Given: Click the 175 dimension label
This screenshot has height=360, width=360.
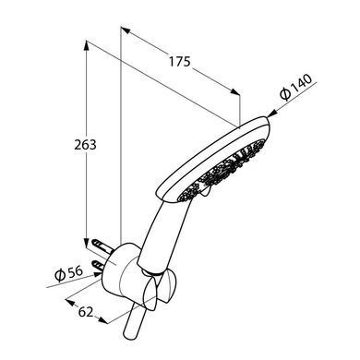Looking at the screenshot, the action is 180,62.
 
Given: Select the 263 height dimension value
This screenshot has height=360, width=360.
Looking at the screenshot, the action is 85,145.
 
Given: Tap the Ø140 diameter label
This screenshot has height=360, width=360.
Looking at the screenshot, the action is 296,88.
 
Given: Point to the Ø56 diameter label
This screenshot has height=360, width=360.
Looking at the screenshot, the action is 68,273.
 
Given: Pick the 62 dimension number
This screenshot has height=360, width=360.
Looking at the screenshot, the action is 86,312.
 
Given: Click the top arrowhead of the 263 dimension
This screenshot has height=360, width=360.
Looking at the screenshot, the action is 87,45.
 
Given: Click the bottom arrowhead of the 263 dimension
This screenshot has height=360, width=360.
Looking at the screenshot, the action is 87,243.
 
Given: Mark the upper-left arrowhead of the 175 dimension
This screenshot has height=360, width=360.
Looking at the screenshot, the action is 125,30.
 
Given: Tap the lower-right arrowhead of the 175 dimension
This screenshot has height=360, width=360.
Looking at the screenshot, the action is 235,91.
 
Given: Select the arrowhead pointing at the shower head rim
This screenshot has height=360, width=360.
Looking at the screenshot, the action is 271,114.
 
